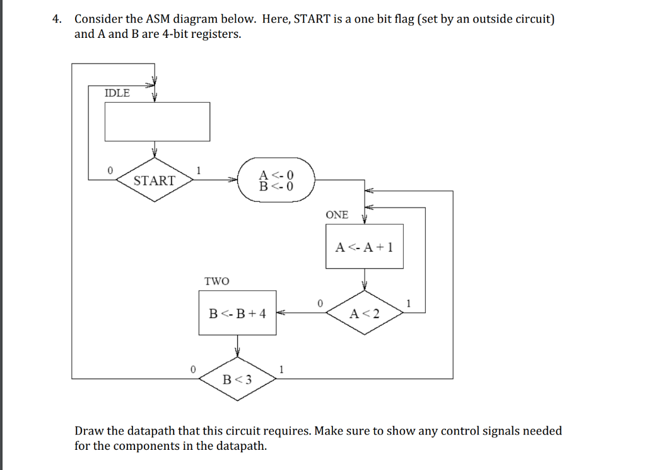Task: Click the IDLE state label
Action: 117,93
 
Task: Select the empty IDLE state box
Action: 157,121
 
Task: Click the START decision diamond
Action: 155,180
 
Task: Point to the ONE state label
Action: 337,214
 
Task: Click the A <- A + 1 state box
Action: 365,247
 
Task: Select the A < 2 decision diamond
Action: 365,313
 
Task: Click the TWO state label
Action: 216,281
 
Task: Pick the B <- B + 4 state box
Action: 237,312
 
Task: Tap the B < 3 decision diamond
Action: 237,379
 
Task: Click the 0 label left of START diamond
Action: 110,170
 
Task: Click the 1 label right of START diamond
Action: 199,170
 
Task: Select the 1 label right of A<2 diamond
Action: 409,303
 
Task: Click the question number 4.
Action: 57,19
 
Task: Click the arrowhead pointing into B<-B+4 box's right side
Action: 281,312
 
